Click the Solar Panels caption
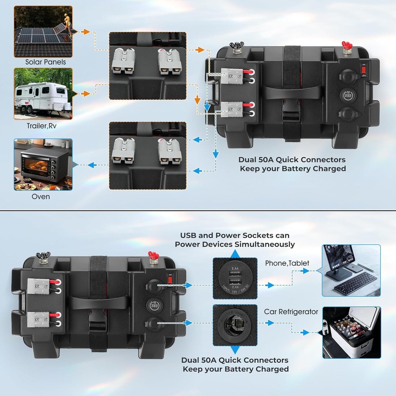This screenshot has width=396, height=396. point(45,62)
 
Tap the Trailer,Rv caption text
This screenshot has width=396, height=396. point(41,126)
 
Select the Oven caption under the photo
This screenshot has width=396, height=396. point(41,196)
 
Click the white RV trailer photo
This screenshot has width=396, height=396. point(43,94)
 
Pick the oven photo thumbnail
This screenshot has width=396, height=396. point(43,164)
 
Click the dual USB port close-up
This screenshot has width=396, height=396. point(235,278)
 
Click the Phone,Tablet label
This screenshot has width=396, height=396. point(287,263)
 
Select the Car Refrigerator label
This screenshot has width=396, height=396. point(291,312)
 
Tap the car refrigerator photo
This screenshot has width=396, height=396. point(352,332)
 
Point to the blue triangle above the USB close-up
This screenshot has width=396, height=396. point(235,254)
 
